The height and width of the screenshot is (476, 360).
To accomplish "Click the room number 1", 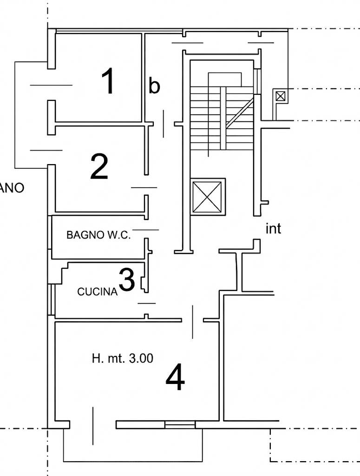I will click(x=108, y=81).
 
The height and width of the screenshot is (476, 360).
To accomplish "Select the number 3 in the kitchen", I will click(x=127, y=279).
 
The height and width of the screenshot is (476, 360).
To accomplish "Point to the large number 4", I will click(x=176, y=378).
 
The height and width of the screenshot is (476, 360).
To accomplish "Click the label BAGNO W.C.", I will click(x=98, y=235).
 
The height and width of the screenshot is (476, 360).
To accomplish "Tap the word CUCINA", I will click(x=97, y=292).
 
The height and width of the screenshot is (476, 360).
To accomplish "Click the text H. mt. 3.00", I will click(x=123, y=358).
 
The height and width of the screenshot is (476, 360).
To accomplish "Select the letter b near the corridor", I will click(x=154, y=86).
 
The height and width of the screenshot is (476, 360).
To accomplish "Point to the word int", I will click(x=273, y=229).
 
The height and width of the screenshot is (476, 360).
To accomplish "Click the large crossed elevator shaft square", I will click(x=207, y=196).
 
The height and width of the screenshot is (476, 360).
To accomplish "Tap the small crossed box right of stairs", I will click(x=280, y=96).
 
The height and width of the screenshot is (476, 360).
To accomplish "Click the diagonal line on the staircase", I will click(x=240, y=112).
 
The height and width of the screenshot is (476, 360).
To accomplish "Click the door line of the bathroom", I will click(x=145, y=230).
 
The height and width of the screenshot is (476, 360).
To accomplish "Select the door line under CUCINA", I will click(x=147, y=303).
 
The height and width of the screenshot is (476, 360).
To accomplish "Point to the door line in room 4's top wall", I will click(x=193, y=322).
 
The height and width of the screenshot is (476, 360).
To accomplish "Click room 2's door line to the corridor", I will click(x=144, y=187).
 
